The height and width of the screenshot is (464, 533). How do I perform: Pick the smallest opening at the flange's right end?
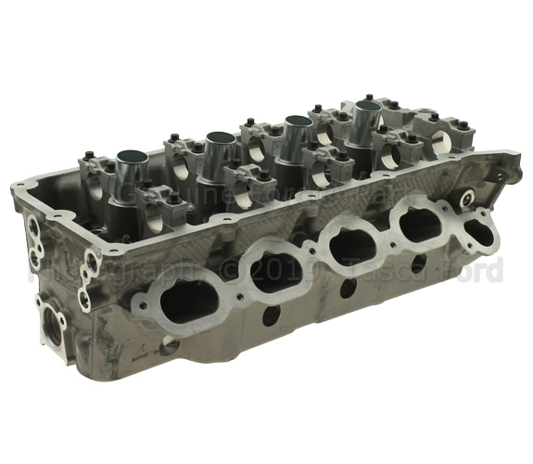[478, 225]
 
